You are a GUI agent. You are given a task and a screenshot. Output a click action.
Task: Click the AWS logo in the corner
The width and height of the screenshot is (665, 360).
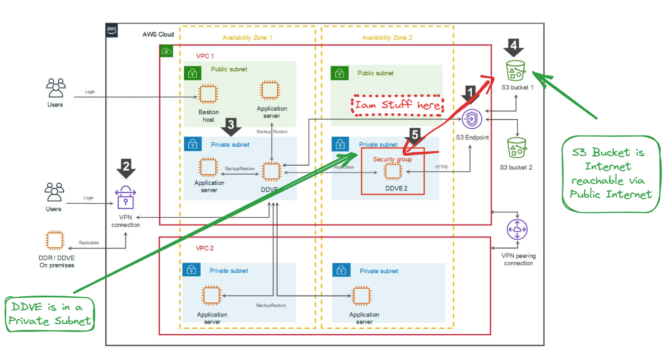pos(111,30)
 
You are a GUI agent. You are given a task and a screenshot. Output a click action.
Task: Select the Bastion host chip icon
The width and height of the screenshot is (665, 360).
pos(208,95)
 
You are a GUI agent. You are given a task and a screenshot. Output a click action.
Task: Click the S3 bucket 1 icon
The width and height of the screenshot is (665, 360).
pos(515,71)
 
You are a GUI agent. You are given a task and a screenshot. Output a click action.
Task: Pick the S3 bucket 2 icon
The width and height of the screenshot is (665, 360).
pos(516,148)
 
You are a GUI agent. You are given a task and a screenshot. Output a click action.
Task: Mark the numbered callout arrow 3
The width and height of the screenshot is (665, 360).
pos(231,127)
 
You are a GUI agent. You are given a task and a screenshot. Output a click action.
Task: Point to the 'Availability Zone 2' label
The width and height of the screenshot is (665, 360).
pos(387,38)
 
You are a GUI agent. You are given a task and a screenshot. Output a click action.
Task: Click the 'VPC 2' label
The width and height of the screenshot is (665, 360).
pos(204,247)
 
